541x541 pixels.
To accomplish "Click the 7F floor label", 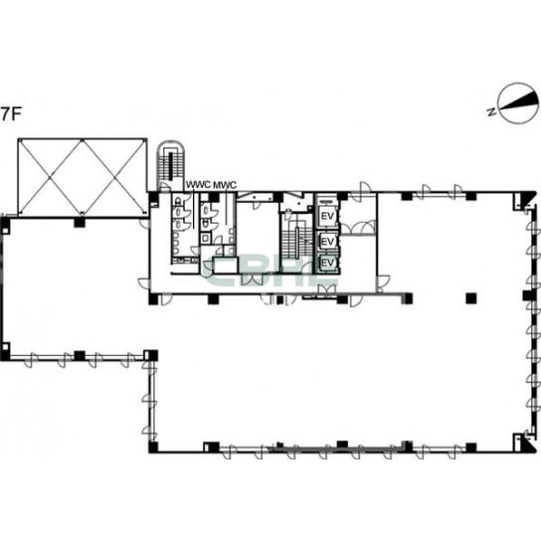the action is tap(11, 114).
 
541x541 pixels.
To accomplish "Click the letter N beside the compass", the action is tap(492, 111).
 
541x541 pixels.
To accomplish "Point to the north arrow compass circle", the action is tap(518, 102).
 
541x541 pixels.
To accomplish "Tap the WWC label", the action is tap(198, 185).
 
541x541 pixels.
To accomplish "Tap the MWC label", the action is tap(225, 185).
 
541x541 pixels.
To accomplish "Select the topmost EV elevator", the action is tap(327, 216).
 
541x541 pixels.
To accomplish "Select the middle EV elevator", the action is tap(327, 241).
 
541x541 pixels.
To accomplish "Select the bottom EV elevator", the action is tap(327, 263).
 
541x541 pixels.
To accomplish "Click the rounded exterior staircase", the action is tap(169, 166).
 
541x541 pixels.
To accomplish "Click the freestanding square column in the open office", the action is tap(471, 298).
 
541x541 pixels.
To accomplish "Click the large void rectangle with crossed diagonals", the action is tap(83, 177).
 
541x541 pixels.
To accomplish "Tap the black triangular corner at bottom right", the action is tap(527, 446).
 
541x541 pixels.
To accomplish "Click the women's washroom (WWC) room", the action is tap(185, 229).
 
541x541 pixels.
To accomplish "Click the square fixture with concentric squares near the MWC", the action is tap(206, 238).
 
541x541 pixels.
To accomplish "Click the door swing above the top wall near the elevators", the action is tap(365, 188).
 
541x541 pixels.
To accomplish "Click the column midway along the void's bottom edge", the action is tap(80, 222).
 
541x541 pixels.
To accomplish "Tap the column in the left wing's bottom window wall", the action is tap(80, 356).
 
